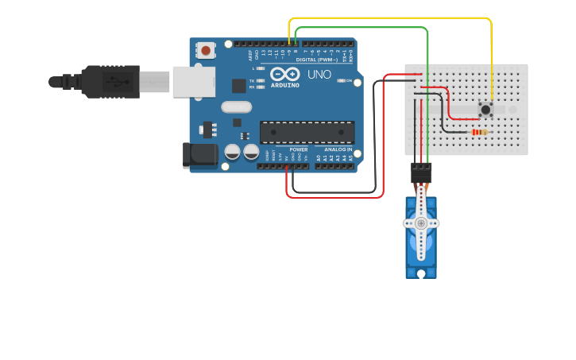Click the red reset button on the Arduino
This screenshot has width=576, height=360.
click(x=207, y=51)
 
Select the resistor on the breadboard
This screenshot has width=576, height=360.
click(x=478, y=132)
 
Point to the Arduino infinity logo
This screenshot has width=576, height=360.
click(x=284, y=74)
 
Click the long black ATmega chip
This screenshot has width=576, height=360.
click(x=307, y=132)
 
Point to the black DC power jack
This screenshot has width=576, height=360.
click(x=200, y=155)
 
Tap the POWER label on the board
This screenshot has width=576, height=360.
click(x=298, y=149)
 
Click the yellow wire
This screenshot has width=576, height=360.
click(x=397, y=18)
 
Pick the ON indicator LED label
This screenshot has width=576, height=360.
click(x=349, y=80)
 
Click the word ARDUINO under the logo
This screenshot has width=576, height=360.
click(x=284, y=84)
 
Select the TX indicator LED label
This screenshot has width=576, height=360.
click(x=252, y=80)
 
